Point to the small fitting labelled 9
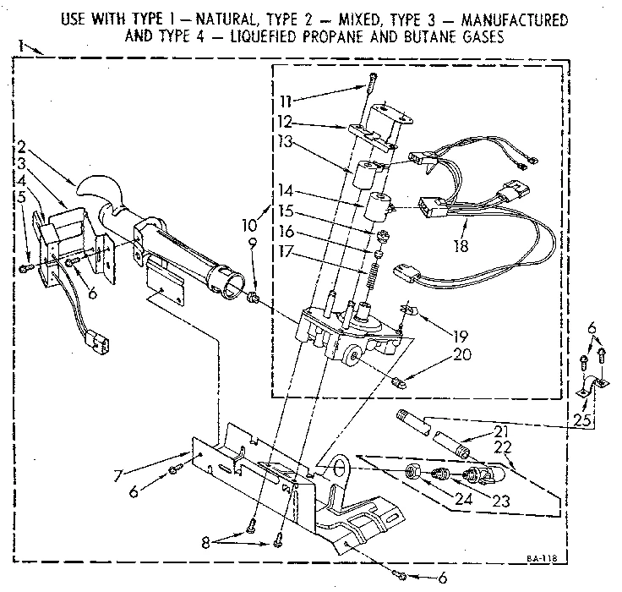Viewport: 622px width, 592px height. (x=253, y=297)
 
